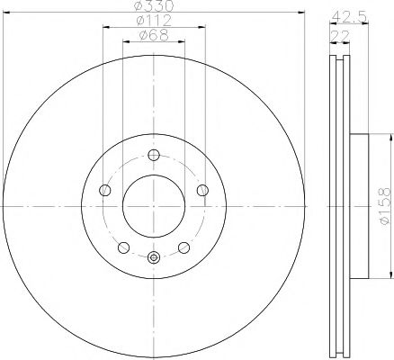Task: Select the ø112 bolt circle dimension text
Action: coord(153,21)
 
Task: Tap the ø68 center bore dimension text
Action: coord(152,35)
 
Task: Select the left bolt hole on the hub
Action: coord(104,190)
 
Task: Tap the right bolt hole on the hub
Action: coord(201,189)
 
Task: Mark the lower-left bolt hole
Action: coord(123,247)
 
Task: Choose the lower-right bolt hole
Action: coord(184,247)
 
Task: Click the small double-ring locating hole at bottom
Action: coord(153,258)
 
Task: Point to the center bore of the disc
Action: coord(153,204)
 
